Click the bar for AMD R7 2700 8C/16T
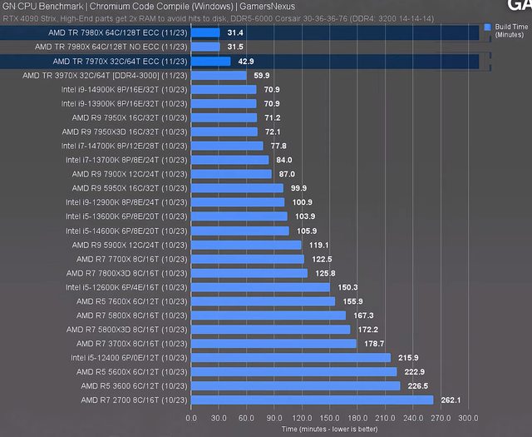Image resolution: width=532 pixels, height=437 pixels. pyautogui.click(x=312, y=400)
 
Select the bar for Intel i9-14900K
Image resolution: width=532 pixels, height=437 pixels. pyautogui.click(x=224, y=89)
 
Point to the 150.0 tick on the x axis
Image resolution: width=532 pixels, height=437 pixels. pyautogui.click(x=329, y=418)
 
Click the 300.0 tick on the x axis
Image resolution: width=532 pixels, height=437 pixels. pyautogui.click(x=468, y=418)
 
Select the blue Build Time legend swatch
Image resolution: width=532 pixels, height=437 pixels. pyautogui.click(x=487, y=27)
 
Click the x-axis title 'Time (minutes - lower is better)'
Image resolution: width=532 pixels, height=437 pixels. pyautogui.click(x=329, y=429)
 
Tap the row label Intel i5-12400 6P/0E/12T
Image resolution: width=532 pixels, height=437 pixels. pyautogui.click(x=134, y=358)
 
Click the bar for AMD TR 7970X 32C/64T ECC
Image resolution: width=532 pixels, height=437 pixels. pyautogui.click(x=211, y=62)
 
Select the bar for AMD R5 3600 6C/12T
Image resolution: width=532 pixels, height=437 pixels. pyautogui.click(x=295, y=386)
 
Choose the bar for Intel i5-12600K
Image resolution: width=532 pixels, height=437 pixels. pyautogui.click(x=260, y=287)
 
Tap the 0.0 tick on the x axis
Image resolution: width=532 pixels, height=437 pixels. pyautogui.click(x=191, y=418)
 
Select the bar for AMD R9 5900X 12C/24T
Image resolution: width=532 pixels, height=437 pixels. pyautogui.click(x=246, y=245)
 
